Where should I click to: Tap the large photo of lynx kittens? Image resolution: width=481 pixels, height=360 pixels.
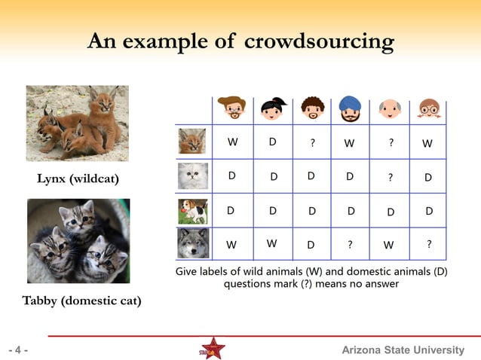(77, 119)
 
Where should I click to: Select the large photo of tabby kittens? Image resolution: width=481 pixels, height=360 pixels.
(78, 240)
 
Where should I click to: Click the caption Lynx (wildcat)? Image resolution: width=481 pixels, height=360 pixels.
(78, 179)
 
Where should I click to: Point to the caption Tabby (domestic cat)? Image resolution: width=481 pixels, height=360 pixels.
(81, 301)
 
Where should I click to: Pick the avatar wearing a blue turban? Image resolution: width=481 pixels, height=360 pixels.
(350, 109)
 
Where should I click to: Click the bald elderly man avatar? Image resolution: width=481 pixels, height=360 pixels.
(389, 110)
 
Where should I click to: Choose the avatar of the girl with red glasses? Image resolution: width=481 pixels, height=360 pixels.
(427, 110)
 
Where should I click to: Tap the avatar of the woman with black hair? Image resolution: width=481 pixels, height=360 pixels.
(271, 110)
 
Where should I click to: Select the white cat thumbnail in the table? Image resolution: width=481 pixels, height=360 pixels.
(192, 176)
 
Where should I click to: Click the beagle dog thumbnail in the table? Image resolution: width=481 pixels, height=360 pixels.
(192, 211)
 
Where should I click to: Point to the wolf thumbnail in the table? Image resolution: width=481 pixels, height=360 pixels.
(192, 244)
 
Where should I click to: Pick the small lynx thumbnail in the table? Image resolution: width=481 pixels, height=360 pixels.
(192, 141)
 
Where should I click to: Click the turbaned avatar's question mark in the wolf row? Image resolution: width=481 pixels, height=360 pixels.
(350, 244)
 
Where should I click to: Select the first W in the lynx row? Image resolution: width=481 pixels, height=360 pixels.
(232, 141)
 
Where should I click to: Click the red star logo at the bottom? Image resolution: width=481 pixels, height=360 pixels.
(213, 349)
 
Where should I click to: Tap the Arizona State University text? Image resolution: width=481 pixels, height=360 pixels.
(403, 350)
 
